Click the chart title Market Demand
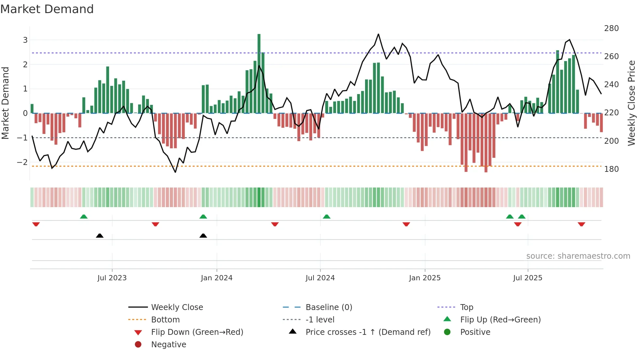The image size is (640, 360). point(47,9)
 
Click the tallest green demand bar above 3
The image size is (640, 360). point(259,74)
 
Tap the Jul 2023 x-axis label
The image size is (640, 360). point(112,278)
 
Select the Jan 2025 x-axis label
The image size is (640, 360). point(424,278)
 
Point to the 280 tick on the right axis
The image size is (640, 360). point(611,28)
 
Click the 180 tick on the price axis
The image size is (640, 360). point(611,169)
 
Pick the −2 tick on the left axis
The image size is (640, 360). point(22,162)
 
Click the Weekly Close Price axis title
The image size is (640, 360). point(632,103)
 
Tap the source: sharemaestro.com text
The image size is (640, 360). point(578,256)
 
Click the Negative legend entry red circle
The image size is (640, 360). point(138,345)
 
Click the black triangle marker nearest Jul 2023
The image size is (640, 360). point(100,236)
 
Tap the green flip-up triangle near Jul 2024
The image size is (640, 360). point(327,217)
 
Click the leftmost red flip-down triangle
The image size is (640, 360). point(36,224)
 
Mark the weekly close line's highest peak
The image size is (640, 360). point(378,34)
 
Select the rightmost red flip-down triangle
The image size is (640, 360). point(581,224)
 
